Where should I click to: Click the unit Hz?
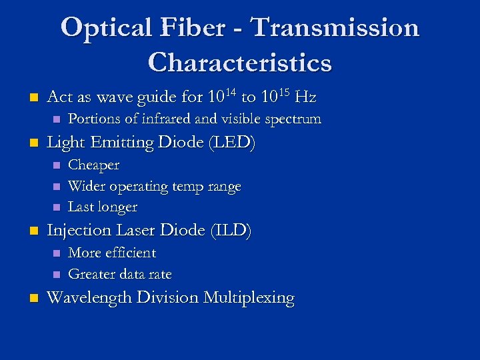click(305, 97)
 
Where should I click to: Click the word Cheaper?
click(94, 165)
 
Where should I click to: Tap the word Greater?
click(91, 274)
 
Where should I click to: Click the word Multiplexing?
click(252, 297)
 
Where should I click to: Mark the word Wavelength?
click(90, 297)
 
